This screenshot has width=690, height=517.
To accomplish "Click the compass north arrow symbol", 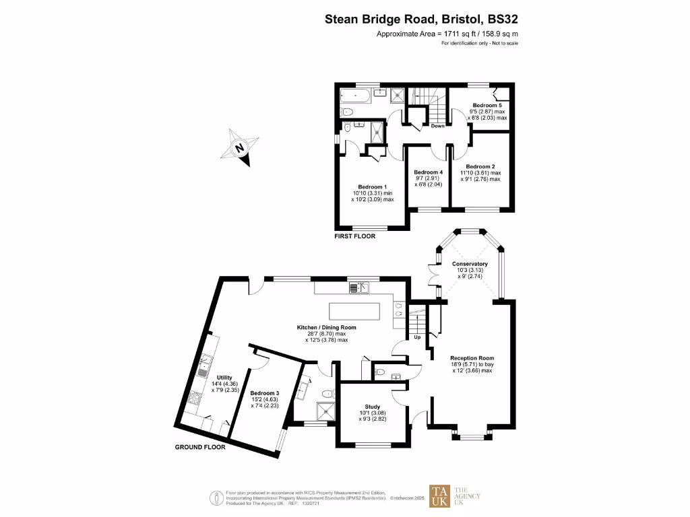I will pyautogui.click(x=239, y=146).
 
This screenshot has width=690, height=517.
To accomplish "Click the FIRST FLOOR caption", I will pyautogui.click(x=355, y=236).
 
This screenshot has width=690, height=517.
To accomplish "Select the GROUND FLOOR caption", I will pyautogui.click(x=200, y=446).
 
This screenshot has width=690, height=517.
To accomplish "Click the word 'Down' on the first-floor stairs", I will pyautogui.click(x=437, y=126).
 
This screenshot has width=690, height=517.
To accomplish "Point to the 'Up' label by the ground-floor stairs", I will pyautogui.click(x=417, y=337).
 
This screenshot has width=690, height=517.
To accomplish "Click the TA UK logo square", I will pyautogui.click(x=441, y=496).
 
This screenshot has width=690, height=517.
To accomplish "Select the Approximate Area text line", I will pyautogui.click(x=447, y=34).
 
